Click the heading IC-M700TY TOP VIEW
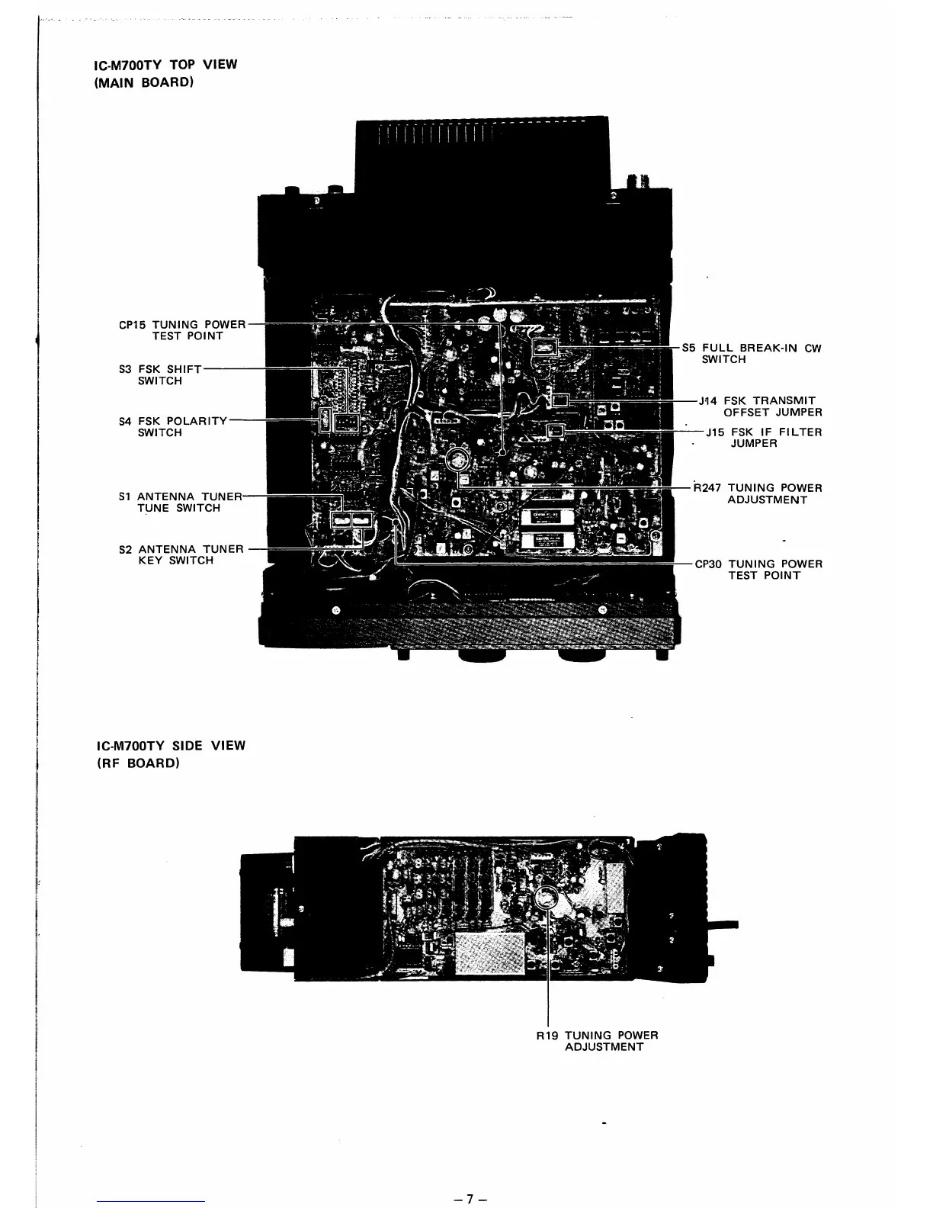165,64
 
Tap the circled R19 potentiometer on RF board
548,898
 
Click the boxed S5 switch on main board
546,349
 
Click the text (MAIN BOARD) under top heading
143,82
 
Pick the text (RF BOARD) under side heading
137,763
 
